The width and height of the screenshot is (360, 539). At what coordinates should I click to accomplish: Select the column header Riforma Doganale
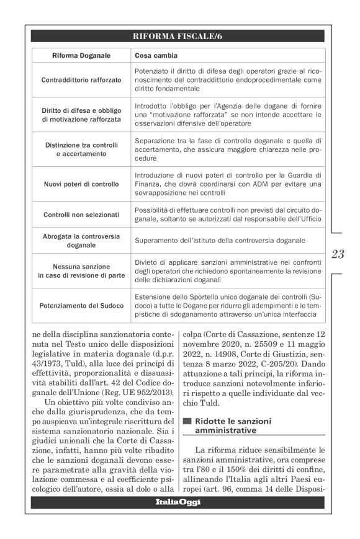point(81,56)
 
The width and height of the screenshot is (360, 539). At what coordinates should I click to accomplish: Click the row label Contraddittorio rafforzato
point(81,81)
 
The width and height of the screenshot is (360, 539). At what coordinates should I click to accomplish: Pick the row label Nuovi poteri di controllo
point(81,184)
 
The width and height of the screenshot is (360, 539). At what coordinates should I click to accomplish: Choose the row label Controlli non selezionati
point(81,215)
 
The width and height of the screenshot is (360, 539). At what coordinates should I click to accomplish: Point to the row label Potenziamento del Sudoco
point(81,306)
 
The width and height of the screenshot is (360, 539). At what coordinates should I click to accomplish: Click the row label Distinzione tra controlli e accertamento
point(81,149)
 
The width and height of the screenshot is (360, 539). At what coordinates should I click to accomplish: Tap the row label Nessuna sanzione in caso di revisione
point(81,271)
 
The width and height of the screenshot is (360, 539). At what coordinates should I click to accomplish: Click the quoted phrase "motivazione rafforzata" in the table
point(180,115)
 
